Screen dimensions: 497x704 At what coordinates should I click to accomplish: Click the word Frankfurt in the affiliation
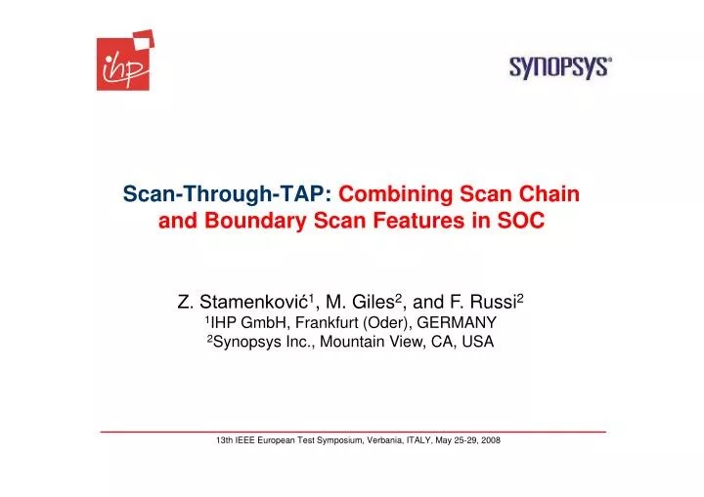[326, 323]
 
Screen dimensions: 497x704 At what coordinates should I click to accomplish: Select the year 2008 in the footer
[489, 441]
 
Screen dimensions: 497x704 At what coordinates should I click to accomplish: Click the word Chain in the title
[549, 194]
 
